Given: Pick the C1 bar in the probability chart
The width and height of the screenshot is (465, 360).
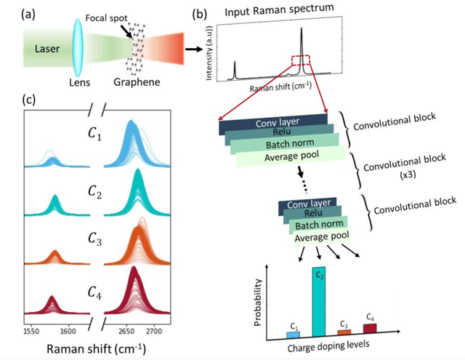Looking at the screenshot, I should tap(294, 334).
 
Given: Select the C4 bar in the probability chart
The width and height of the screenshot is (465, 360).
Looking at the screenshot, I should tap(370, 329).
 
